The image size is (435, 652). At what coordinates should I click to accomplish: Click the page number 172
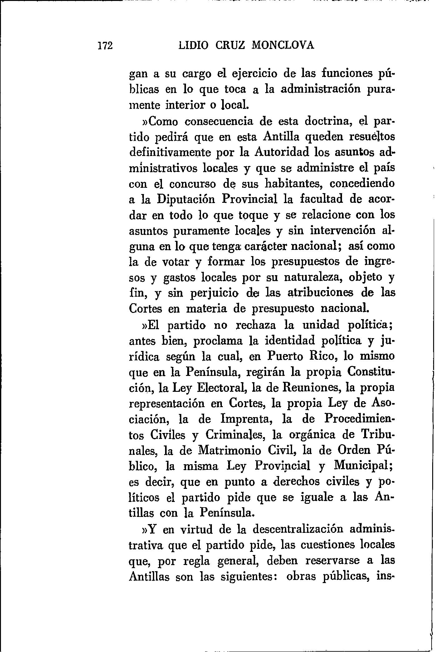pos(105,46)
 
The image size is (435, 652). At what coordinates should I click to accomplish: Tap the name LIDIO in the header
pos(193,46)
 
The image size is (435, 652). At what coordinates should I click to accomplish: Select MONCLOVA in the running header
pos(283,46)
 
